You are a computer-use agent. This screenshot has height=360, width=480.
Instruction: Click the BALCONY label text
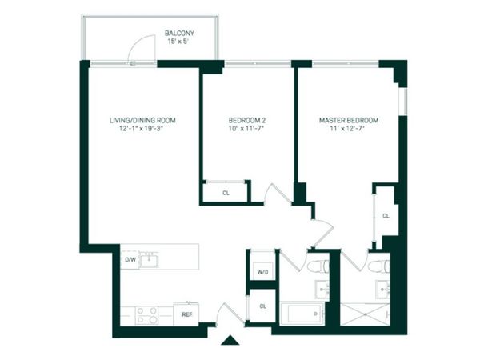(179, 33)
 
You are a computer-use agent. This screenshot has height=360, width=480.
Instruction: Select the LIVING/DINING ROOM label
(142, 120)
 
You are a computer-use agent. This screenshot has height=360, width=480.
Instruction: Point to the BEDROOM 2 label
(246, 120)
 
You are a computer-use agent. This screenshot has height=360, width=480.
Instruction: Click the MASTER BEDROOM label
(348, 120)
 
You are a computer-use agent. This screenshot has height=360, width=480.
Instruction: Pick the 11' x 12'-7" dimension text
(348, 129)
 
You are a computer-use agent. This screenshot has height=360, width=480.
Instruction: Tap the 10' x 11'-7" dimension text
(246, 129)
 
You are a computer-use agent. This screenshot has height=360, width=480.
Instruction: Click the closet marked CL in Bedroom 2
(226, 192)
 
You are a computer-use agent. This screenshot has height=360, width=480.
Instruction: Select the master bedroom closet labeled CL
(385, 215)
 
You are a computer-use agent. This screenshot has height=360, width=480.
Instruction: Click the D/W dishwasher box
(130, 260)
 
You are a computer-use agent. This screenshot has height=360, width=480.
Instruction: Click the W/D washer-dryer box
(262, 272)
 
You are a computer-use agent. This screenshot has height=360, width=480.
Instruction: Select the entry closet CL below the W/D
(262, 306)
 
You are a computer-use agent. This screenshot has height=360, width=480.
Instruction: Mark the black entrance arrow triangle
(230, 342)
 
